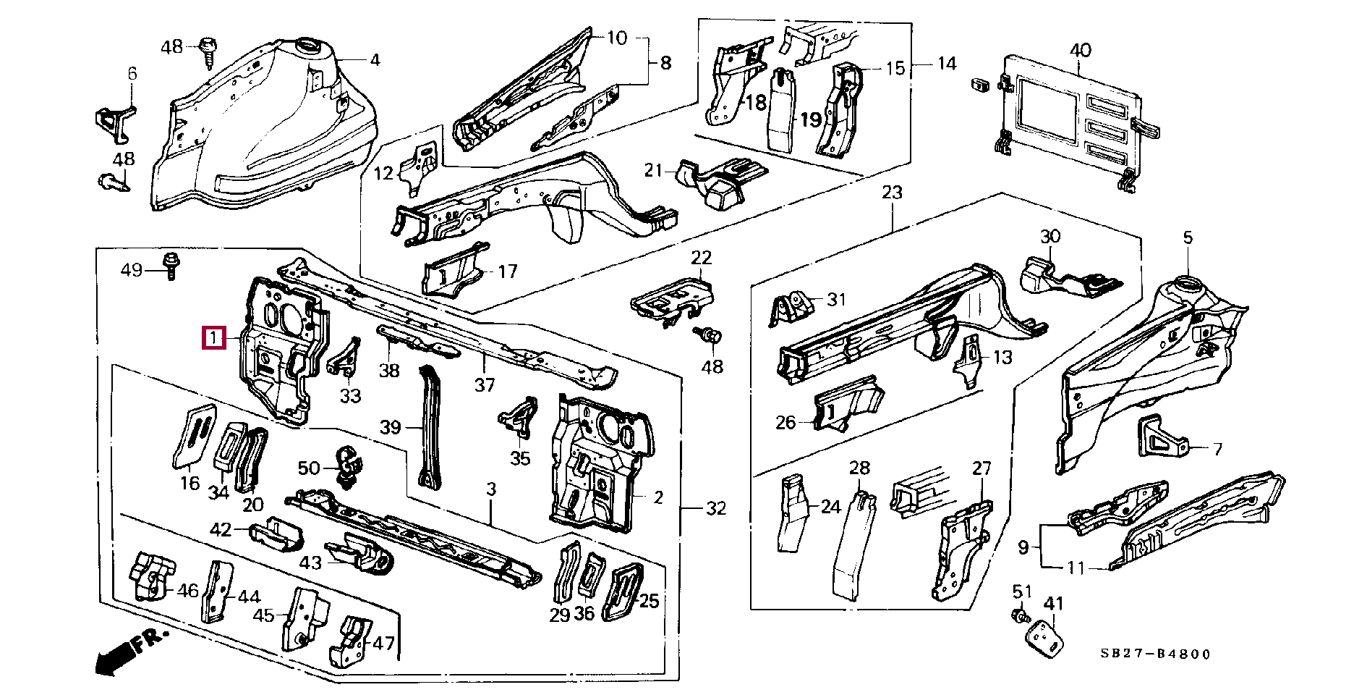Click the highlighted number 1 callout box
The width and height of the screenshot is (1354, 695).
coord(213,337)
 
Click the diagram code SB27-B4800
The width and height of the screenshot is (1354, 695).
coord(1155,654)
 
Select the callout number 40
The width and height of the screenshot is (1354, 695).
coord(1080,51)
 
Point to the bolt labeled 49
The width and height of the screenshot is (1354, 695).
coord(171,266)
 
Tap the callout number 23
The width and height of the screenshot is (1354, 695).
coord(892,193)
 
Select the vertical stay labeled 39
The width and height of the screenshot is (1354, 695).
coord(430,427)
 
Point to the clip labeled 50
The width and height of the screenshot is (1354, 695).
coord(350,467)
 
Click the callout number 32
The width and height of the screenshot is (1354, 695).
coord(715,508)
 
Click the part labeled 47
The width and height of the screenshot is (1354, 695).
coord(352,641)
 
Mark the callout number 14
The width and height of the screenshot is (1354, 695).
coord(947,64)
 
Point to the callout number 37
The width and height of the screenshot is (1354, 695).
coord(485,385)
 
